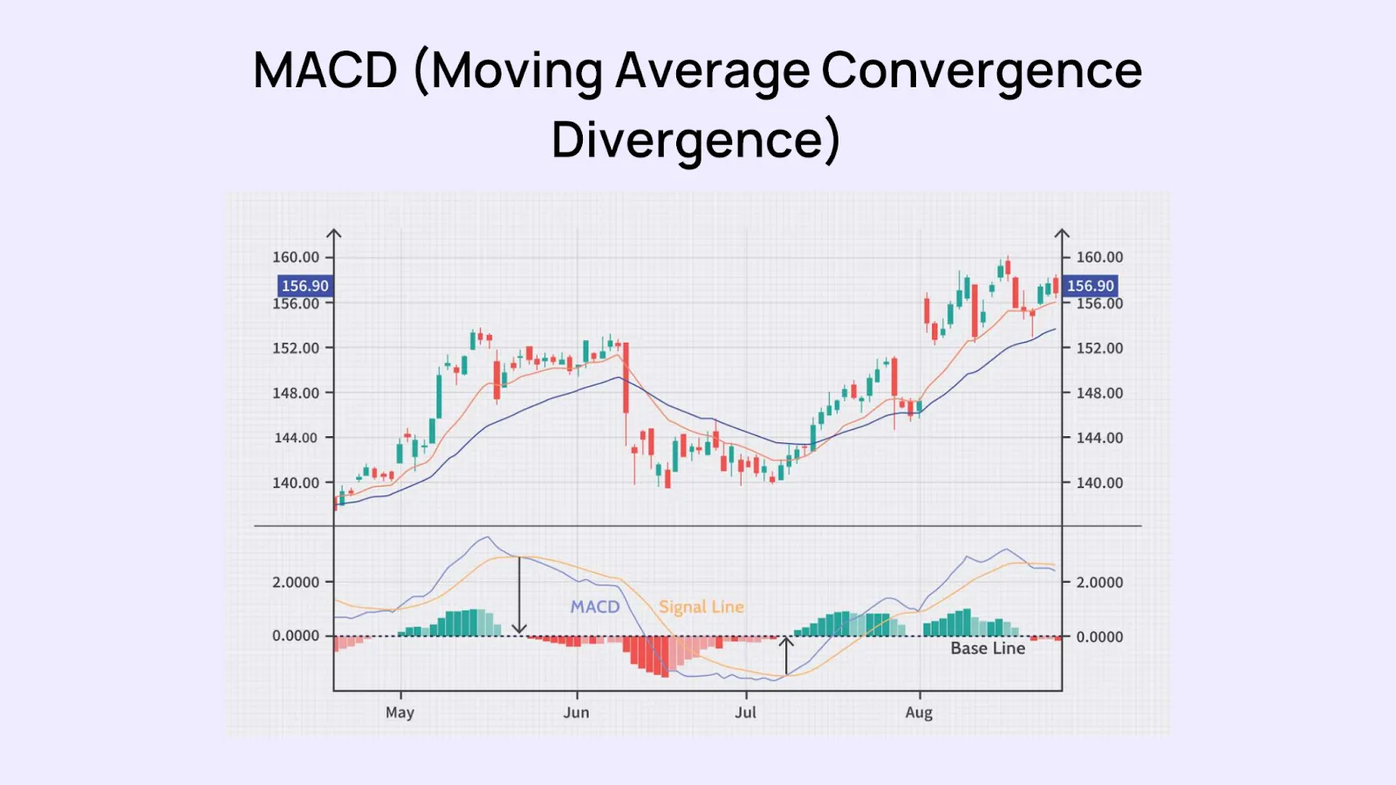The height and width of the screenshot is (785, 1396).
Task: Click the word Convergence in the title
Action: [982, 70]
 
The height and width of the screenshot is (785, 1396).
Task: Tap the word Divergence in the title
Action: [695, 140]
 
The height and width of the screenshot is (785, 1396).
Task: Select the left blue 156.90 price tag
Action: [305, 285]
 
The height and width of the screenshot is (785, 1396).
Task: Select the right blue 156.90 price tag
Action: [1091, 285]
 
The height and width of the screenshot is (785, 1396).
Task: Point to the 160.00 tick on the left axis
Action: [296, 257]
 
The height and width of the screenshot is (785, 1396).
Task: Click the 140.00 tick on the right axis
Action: [1099, 482]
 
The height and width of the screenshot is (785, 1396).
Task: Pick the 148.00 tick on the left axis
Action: [296, 392]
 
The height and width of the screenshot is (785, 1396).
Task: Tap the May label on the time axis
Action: [400, 713]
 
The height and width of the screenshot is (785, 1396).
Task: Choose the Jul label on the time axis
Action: [745, 713]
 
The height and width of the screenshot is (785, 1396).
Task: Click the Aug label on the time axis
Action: [919, 713]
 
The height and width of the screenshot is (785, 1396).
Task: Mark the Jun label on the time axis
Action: [576, 713]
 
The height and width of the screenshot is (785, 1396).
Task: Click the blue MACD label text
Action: [595, 606]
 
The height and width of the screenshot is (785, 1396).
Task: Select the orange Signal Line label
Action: [701, 607]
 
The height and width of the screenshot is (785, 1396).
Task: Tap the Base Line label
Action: [988, 648]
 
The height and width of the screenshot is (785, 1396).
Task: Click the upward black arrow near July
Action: [786, 655]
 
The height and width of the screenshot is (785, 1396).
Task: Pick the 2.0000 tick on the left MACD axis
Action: [296, 582]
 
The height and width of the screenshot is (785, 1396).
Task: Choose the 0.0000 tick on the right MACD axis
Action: [1099, 637]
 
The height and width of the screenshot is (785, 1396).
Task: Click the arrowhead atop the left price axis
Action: [334, 234]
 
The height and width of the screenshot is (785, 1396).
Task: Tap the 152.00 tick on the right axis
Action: [1099, 348]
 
